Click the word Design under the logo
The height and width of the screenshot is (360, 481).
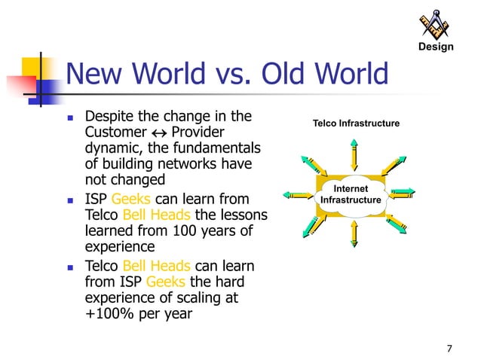tap(437, 47)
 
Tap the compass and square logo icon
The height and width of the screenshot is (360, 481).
tap(437, 24)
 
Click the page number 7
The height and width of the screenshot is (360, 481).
tap(449, 348)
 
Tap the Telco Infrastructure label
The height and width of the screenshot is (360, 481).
tap(357, 123)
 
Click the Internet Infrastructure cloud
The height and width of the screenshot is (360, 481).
tap(351, 194)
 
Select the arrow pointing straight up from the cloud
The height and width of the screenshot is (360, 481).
tap(353, 154)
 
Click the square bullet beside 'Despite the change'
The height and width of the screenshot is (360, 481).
tap(69, 118)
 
